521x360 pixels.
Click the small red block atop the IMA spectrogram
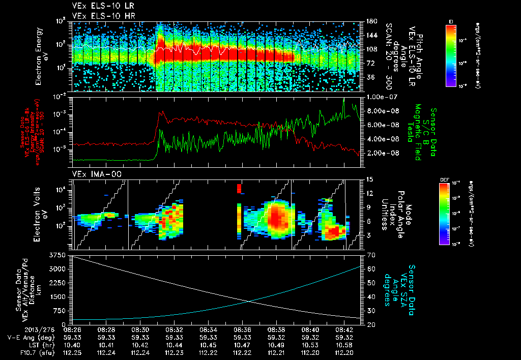[x=239, y=189]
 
